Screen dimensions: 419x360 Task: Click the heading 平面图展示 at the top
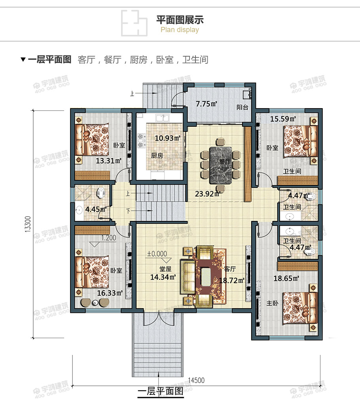[180, 19]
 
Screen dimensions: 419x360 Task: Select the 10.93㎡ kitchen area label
[168, 139]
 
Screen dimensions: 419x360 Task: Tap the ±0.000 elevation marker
[157, 254]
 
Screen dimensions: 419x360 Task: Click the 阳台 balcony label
[242, 107]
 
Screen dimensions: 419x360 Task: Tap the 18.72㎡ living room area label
[231, 280]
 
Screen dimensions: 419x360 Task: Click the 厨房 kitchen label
[157, 156]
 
